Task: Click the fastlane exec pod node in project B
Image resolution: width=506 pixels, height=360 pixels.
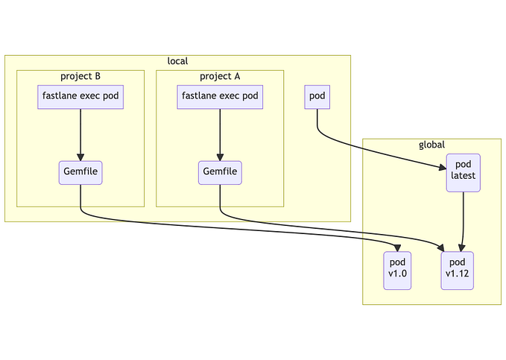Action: coord(80,97)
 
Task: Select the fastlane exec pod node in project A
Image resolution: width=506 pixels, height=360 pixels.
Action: coord(220,97)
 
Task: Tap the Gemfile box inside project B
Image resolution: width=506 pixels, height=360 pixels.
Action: coord(80,172)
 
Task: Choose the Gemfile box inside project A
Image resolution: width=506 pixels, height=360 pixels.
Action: coord(220,172)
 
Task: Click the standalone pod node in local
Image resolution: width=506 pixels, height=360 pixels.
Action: coord(317,97)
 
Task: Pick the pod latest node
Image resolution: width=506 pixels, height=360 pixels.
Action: coord(464,172)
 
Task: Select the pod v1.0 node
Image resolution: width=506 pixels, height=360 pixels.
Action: coord(397,270)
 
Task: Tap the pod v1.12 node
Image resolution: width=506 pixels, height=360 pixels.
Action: coord(457,270)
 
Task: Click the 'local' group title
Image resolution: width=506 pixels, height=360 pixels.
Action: coord(177,61)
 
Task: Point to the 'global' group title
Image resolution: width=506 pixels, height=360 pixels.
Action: coord(432,145)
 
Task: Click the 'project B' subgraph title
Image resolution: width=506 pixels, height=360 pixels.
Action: coord(80,76)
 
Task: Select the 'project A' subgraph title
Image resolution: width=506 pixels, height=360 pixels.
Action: coord(220,76)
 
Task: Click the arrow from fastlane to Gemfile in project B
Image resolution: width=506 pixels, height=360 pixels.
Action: coord(80,134)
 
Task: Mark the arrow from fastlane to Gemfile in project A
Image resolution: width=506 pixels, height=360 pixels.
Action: coord(220,134)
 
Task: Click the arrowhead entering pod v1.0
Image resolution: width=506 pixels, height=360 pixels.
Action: coord(399,248)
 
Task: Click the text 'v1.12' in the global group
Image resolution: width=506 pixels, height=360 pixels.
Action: coord(457,275)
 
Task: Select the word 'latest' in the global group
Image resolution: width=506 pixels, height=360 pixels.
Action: coord(464,177)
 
